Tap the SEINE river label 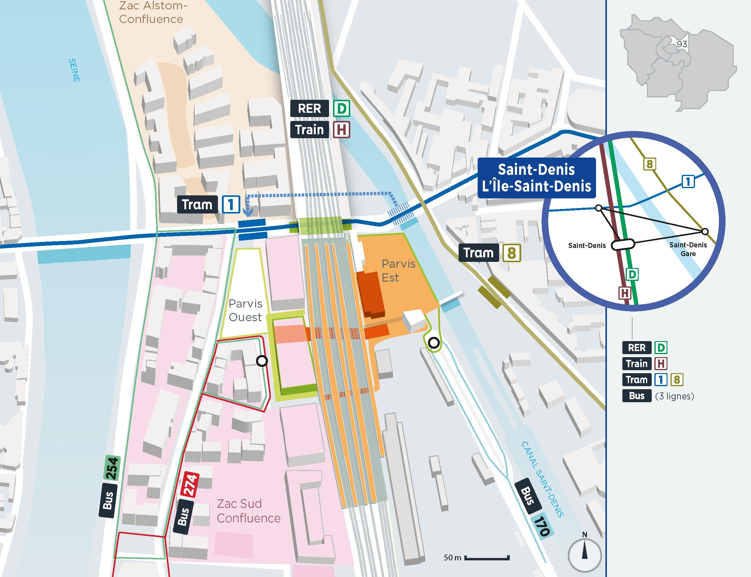tap(74, 70)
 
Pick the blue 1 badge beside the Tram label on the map tap(230, 205)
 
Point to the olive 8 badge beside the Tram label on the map tap(512, 253)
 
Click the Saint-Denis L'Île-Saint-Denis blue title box tap(536, 178)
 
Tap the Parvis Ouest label tap(245, 310)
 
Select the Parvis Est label tap(398, 270)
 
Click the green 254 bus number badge tap(112, 468)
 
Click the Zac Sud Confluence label tap(248, 510)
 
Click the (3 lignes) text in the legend tap(674, 396)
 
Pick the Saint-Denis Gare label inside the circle tap(688, 249)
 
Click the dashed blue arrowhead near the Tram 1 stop tap(248, 213)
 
